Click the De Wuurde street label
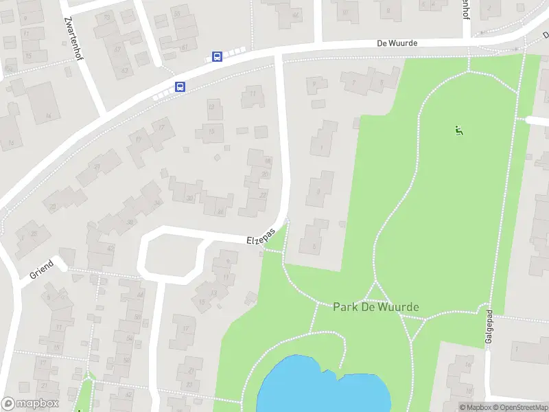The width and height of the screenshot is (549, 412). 397,43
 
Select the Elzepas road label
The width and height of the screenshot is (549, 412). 261,236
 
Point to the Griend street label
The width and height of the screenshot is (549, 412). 41,270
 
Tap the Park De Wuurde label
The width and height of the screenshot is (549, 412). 375,306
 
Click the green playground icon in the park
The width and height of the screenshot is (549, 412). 458,129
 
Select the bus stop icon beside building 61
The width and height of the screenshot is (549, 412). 217,57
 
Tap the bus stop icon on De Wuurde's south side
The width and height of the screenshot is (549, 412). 180,87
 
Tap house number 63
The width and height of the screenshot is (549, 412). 125,69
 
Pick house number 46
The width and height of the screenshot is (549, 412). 140,295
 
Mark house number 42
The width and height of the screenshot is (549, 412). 109,248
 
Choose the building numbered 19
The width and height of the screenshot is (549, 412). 139,139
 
